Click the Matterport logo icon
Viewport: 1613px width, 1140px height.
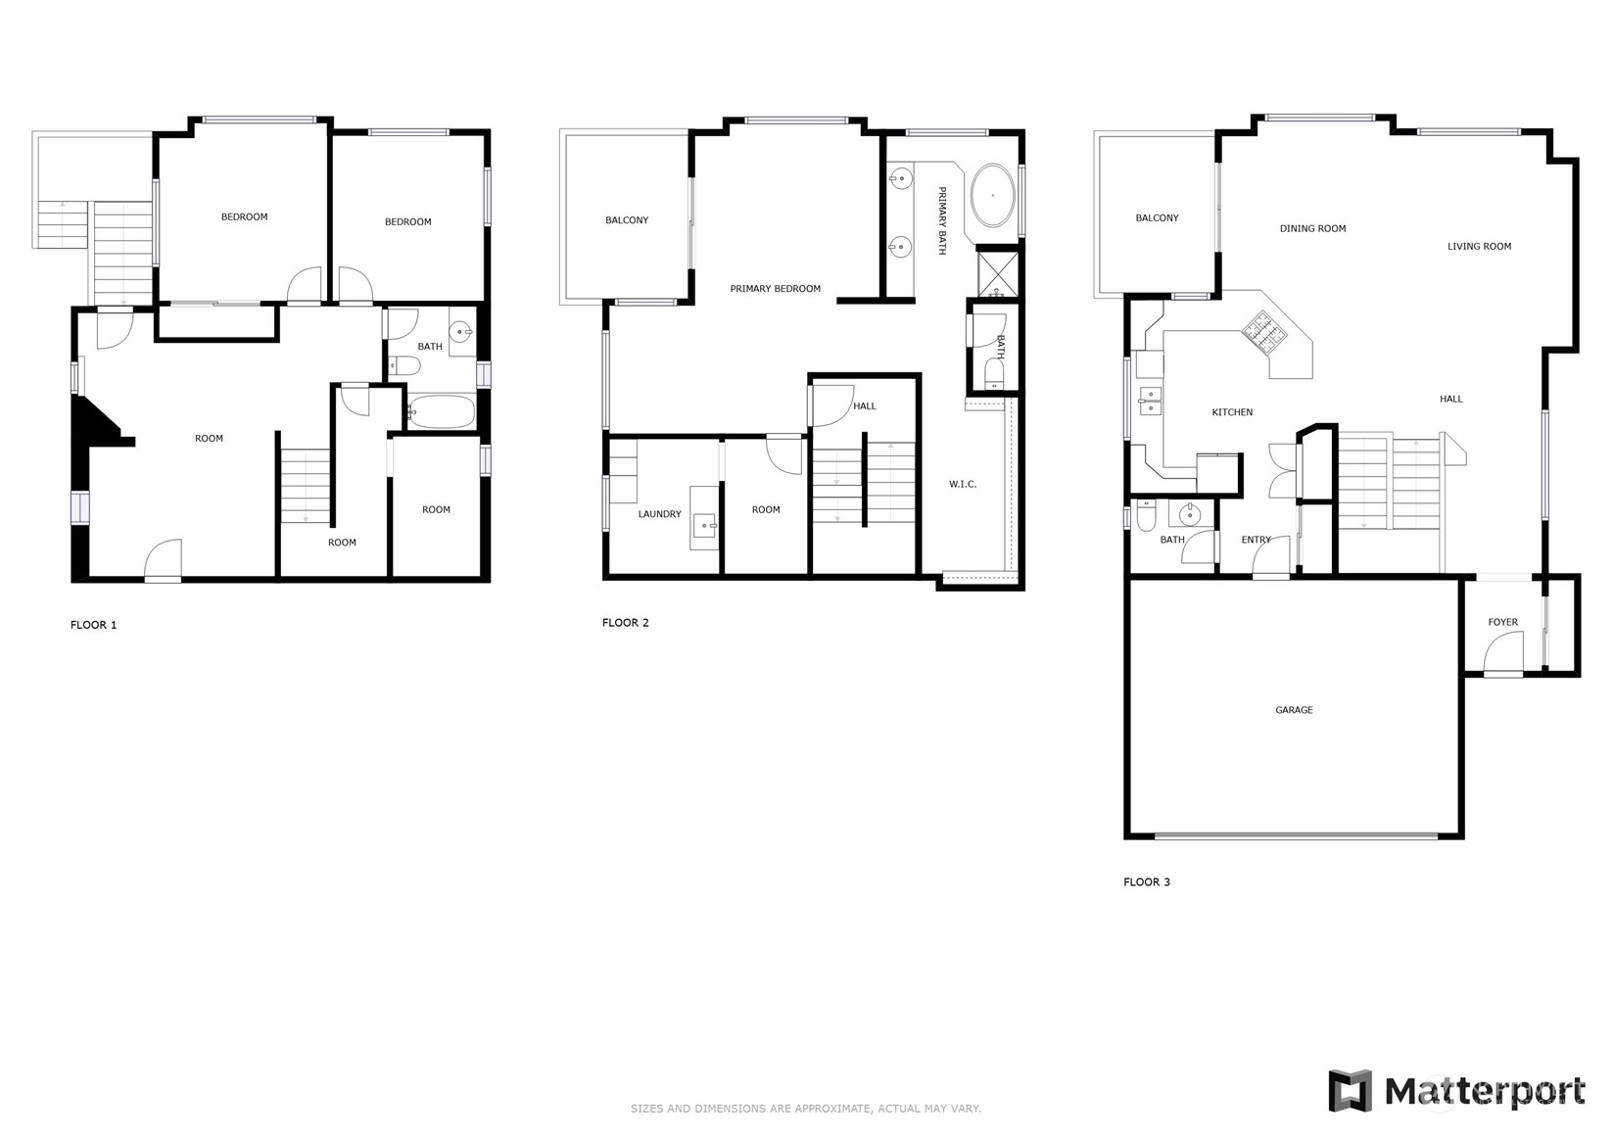(x=1350, y=1090)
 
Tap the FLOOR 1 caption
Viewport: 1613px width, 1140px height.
(x=93, y=625)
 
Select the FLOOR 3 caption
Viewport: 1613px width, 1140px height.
(x=1146, y=882)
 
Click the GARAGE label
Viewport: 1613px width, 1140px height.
(x=1294, y=710)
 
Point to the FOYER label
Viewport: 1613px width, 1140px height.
(x=1502, y=622)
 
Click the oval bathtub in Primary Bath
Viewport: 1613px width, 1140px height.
(x=992, y=196)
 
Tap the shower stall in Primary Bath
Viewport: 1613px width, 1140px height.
(x=998, y=273)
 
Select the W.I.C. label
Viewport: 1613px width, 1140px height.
(x=962, y=485)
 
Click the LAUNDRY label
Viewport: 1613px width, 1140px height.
(x=659, y=514)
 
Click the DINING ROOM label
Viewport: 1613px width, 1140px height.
(x=1312, y=228)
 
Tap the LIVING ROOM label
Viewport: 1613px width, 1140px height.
(x=1479, y=247)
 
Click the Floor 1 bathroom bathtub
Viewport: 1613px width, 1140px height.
(x=440, y=412)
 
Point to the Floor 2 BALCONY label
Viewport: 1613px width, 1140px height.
(x=627, y=220)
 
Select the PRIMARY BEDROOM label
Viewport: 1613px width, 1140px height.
(x=775, y=289)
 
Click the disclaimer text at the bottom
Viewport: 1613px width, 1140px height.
(x=805, y=1109)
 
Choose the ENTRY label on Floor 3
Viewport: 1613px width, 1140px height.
(x=1256, y=540)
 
